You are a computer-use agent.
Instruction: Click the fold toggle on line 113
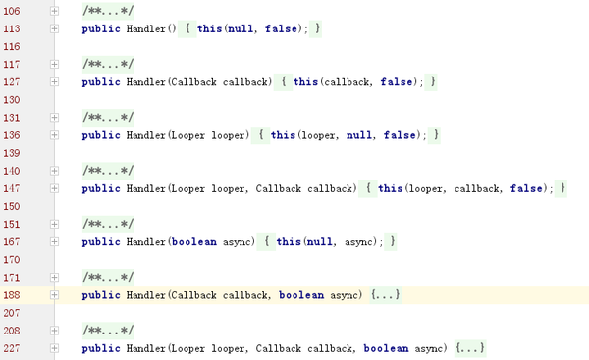point(55,29)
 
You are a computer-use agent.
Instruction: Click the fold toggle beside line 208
point(55,331)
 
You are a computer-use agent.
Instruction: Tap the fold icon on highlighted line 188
point(55,294)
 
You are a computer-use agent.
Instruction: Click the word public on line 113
point(102,29)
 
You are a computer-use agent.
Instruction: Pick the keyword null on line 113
point(238,29)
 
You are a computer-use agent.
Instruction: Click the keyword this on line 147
point(390,187)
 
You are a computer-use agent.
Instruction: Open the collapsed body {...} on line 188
point(387,294)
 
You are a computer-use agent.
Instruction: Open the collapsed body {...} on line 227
point(471,348)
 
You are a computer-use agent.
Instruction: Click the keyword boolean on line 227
point(384,348)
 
